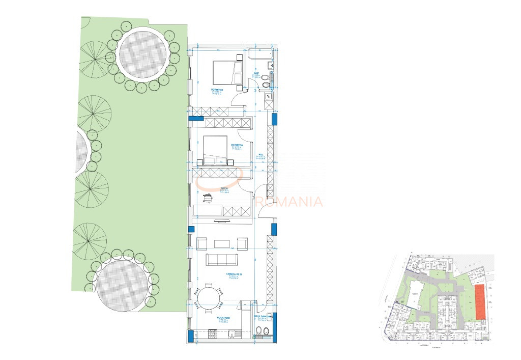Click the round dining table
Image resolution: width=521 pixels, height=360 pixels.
[209, 298]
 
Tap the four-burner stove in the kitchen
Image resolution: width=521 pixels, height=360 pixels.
[213, 334]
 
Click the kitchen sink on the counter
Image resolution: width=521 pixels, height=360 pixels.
[231, 334]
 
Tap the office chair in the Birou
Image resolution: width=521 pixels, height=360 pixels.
[208, 197]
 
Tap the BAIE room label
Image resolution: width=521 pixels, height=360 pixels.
[257, 74]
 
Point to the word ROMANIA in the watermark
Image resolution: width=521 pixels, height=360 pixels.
[298, 202]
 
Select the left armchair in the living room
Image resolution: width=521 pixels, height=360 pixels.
[201, 243]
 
